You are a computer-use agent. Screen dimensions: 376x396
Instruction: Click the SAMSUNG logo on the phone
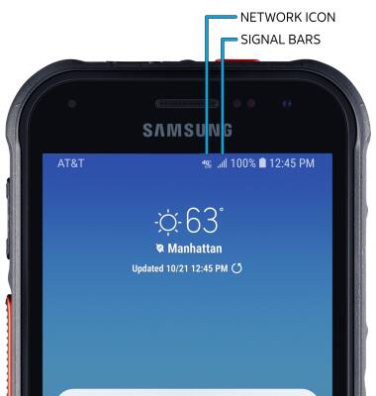tap(188, 130)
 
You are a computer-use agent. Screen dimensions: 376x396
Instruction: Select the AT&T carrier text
tap(71, 162)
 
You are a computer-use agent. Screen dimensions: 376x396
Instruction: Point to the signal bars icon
tap(222, 162)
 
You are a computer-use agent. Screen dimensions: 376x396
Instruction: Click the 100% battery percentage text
tap(243, 162)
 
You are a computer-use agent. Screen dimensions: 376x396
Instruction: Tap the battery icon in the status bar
tap(263, 162)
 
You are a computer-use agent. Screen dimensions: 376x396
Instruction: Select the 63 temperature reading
tap(201, 220)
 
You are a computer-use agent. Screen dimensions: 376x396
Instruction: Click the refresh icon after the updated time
tap(236, 268)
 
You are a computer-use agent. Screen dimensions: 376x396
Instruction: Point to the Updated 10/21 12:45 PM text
tap(180, 268)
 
